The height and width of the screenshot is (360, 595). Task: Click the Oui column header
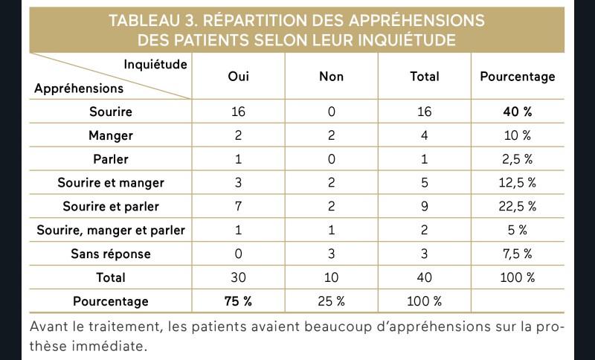click(238, 77)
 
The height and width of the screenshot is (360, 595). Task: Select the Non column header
click(331, 77)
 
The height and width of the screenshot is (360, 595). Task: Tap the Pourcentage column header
click(518, 77)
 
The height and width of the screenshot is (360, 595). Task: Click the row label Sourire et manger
click(111, 183)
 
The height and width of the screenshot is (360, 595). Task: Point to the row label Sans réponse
click(111, 254)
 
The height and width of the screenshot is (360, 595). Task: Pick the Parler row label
click(111, 159)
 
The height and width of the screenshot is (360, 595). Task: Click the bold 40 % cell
click(518, 112)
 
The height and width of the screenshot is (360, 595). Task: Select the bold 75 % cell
click(238, 301)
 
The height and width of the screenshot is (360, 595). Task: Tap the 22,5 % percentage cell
click(518, 206)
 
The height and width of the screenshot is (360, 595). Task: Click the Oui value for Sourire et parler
click(238, 206)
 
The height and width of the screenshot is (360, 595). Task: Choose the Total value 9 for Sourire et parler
click(424, 206)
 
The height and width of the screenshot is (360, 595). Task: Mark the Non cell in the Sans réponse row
click(331, 254)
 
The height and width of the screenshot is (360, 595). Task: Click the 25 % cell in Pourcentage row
click(331, 301)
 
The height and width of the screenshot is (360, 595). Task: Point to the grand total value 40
click(424, 277)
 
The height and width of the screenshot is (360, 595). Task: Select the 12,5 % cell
click(518, 183)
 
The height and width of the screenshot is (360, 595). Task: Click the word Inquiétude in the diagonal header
click(155, 65)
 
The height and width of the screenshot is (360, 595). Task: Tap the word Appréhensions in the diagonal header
click(79, 89)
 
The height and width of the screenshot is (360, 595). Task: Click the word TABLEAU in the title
click(144, 21)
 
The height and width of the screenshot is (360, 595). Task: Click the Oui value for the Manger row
click(238, 135)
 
